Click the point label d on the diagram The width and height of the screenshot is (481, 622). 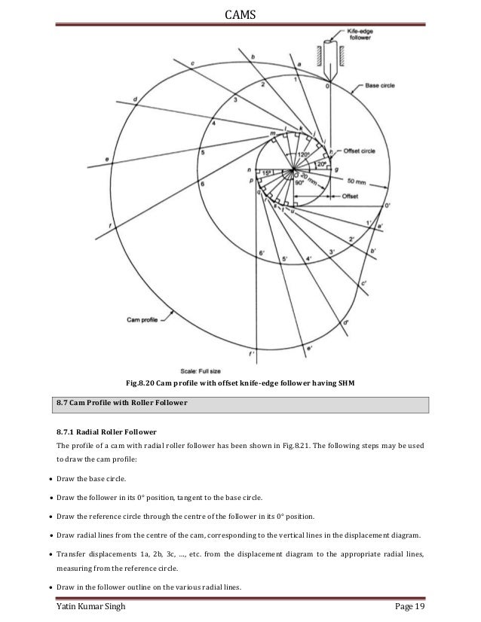134,98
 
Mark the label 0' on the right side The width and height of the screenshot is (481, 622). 387,205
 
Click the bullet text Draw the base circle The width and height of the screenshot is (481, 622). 97,479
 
